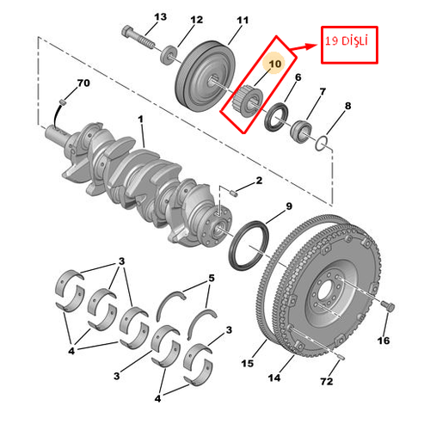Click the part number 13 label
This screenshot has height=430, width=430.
click(x=160, y=18)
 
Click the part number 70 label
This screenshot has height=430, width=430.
click(x=83, y=83)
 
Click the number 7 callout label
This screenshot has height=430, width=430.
click(x=323, y=91)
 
